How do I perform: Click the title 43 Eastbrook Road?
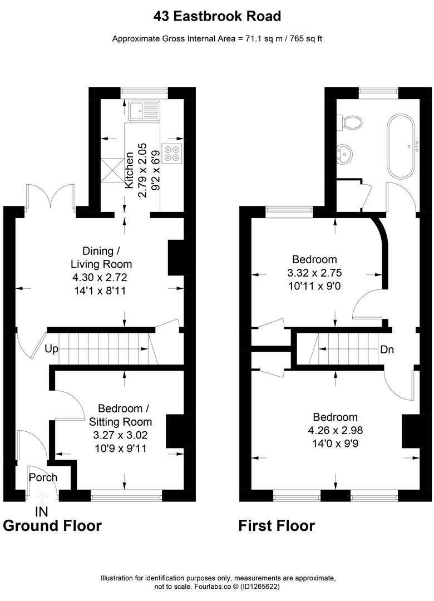[217, 16]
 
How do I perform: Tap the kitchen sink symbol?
[143, 111]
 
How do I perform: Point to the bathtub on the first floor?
[400, 146]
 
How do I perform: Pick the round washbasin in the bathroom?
[346, 151]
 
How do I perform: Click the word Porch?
[43, 477]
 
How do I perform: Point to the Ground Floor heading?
[52, 525]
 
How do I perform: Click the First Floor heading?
[277, 525]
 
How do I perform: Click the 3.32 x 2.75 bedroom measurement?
[314, 273]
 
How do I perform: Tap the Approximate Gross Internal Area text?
[217, 38]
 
